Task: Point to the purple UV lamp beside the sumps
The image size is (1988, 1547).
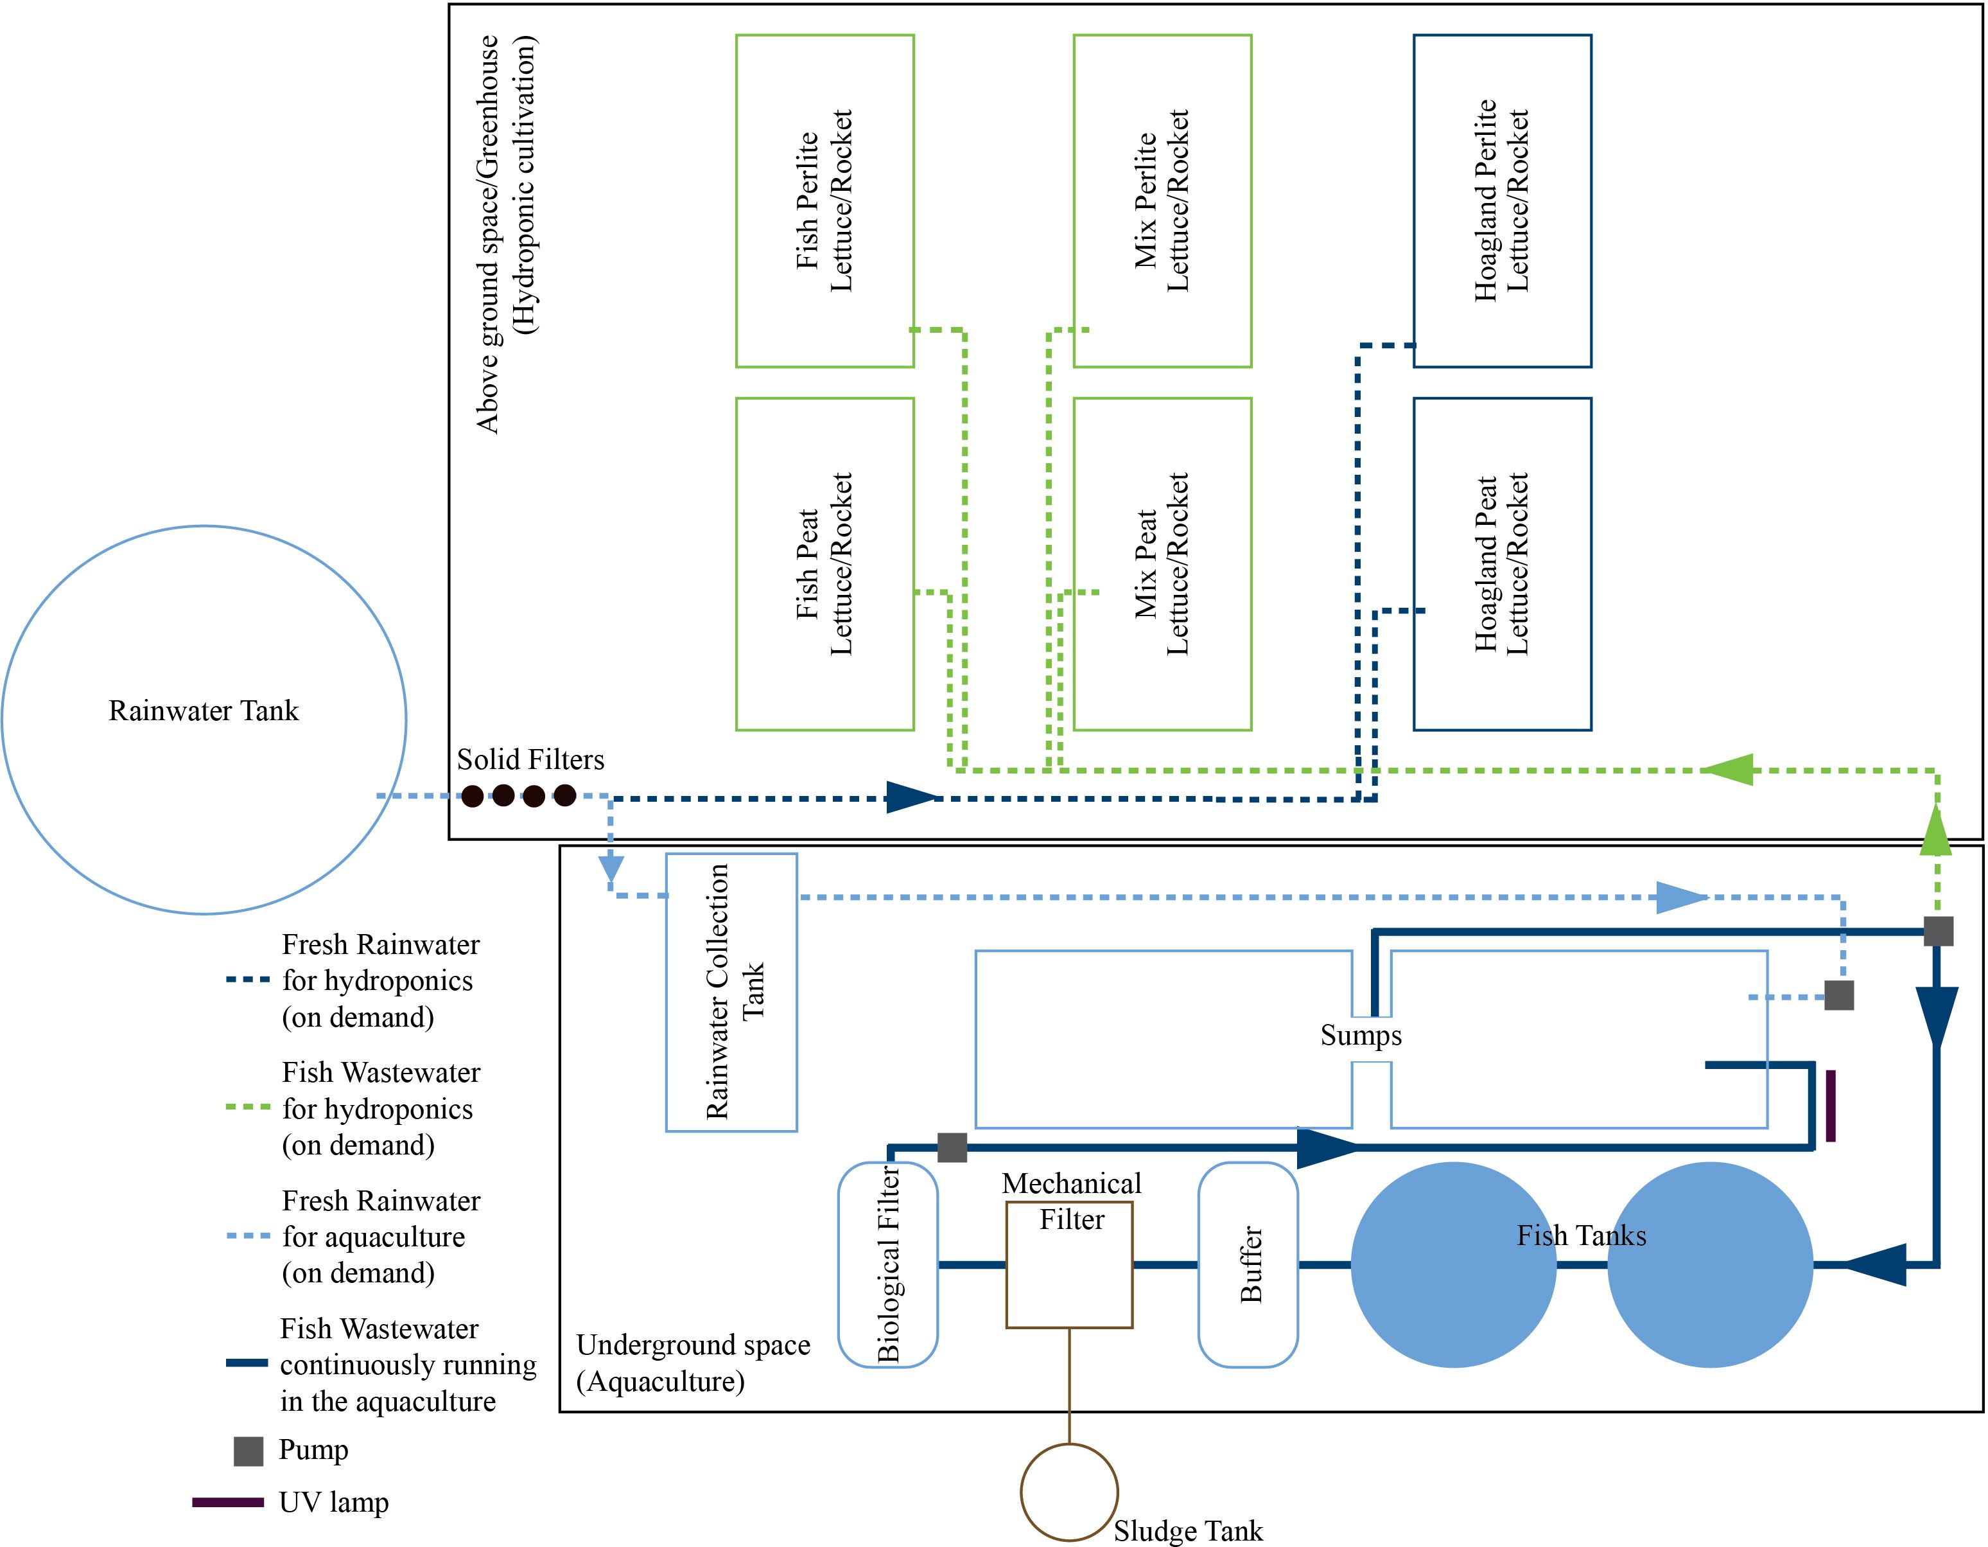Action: pyautogui.click(x=1831, y=1106)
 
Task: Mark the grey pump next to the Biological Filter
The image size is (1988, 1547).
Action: pyautogui.click(x=952, y=1147)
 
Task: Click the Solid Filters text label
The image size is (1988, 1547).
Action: pyautogui.click(x=530, y=759)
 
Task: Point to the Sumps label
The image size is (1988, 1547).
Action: pyautogui.click(x=1361, y=1035)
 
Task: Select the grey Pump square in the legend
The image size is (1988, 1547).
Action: pyautogui.click(x=248, y=1451)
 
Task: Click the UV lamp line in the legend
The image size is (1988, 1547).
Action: pyautogui.click(x=227, y=1503)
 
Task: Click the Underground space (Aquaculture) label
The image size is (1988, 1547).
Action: pyautogui.click(x=693, y=1363)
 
